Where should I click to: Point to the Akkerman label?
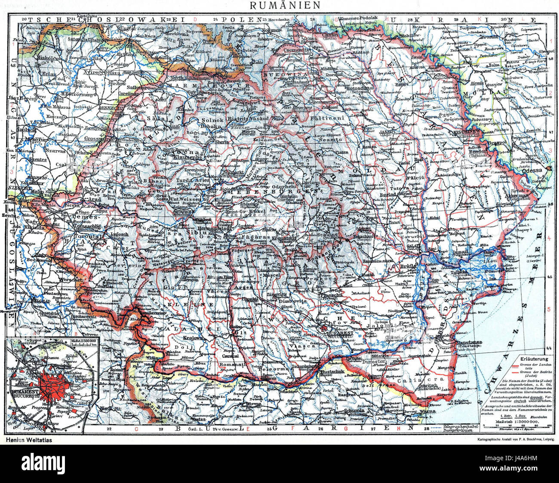coord(518,195)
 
